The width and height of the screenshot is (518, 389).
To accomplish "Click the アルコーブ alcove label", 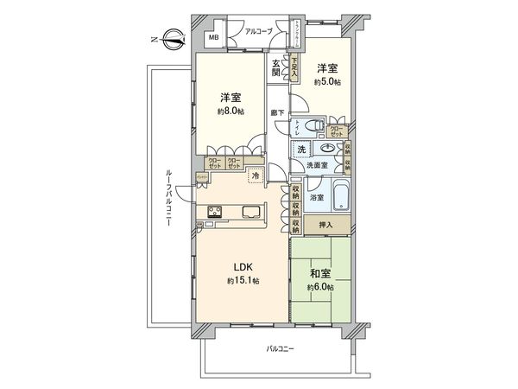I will click(x=259, y=32).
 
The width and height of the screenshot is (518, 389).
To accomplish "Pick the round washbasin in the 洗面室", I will click(x=327, y=149).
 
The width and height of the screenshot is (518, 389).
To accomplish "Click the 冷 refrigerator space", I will click(x=256, y=176).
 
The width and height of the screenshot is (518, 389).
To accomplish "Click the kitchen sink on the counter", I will click(x=251, y=213).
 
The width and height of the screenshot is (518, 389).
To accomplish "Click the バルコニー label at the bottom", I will click(x=280, y=348).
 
